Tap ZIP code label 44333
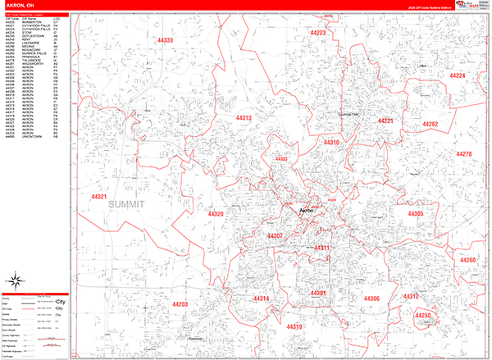(x=166, y=40)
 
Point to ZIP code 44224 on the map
(x=458, y=76)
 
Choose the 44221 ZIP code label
(x=385, y=121)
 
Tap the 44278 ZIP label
(x=464, y=154)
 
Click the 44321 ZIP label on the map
(x=100, y=197)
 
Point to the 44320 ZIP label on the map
(x=216, y=214)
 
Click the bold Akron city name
(x=307, y=212)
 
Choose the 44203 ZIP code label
(x=180, y=305)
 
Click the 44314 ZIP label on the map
(x=261, y=298)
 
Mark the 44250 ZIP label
(x=424, y=316)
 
